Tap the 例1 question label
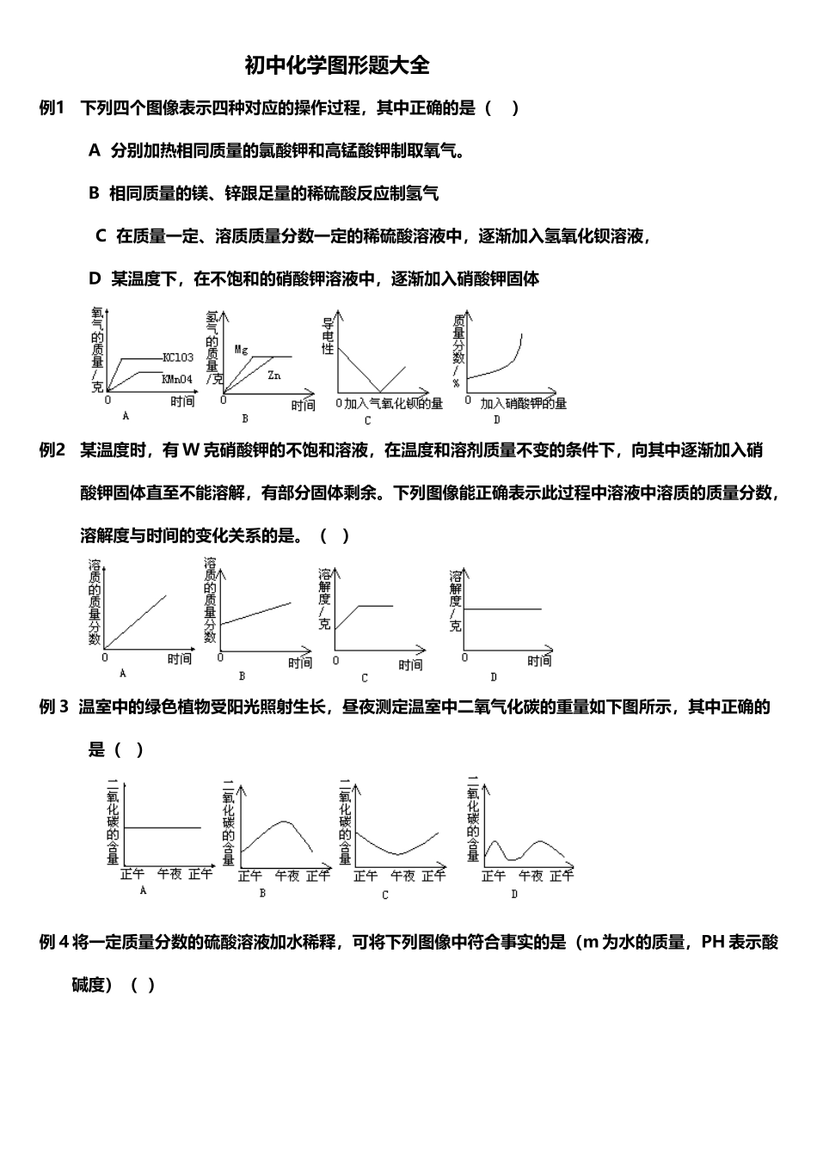click(52, 108)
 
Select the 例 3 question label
click(53, 707)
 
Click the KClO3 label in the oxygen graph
click(178, 357)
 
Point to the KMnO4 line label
click(178, 378)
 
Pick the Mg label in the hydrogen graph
click(242, 350)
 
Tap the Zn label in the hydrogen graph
click(274, 376)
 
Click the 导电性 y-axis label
click(328, 336)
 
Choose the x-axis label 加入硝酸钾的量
click(523, 403)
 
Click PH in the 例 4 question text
click(713, 943)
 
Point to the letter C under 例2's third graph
click(365, 678)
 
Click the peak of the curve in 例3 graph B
click(284, 822)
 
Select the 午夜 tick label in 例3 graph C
click(403, 876)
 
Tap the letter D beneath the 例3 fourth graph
click(514, 894)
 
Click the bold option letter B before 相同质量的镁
click(94, 193)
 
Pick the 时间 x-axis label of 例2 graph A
click(179, 659)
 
